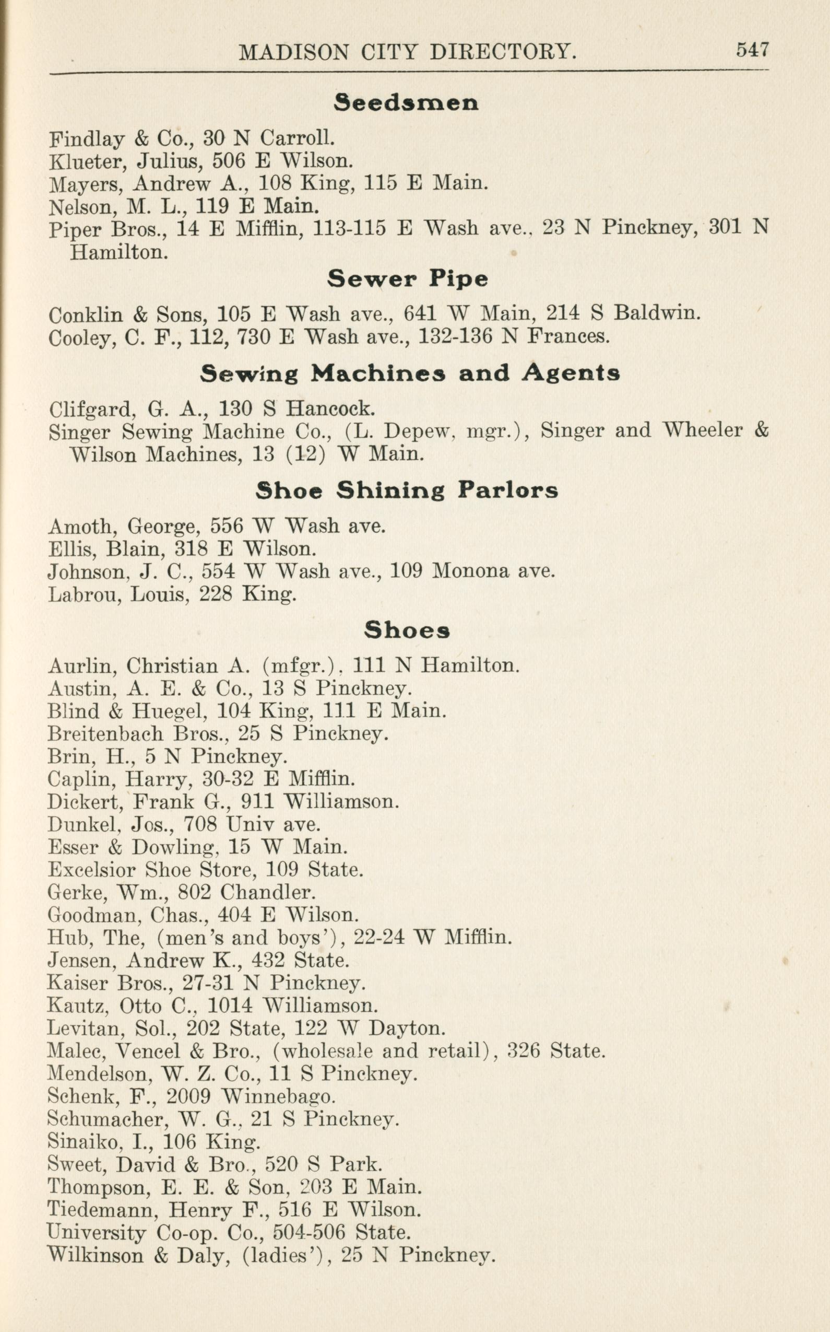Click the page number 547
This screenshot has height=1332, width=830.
tap(752, 50)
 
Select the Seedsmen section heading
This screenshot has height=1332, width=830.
tap(406, 103)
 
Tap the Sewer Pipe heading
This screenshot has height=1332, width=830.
tap(407, 279)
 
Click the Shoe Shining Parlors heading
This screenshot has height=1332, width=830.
tap(406, 490)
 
